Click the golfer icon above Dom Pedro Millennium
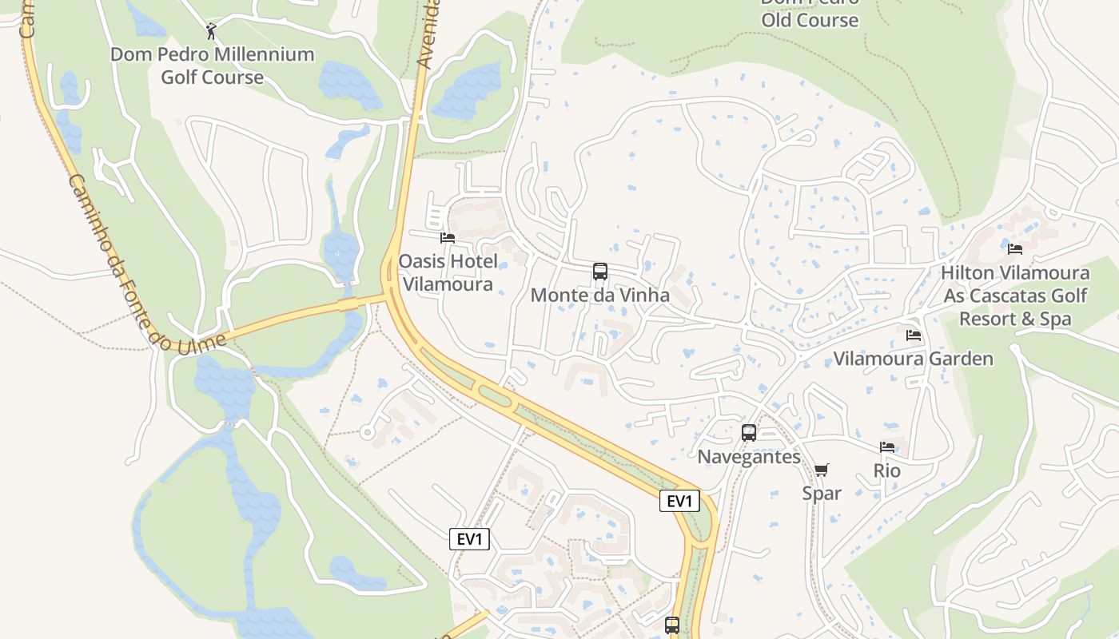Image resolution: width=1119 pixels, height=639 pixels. pos(211,31)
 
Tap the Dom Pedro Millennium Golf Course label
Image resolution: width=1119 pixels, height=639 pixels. pos(212,65)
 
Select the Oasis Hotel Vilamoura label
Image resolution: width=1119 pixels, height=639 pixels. pos(448,272)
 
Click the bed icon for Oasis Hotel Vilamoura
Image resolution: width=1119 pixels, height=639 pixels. pos(448,237)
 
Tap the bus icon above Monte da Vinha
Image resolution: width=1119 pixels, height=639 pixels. pos(600,272)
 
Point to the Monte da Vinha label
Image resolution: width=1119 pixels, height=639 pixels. pos(600,295)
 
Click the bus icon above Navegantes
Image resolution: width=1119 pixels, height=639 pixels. pos(749,433)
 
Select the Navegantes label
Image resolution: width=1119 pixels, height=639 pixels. pos(749,457)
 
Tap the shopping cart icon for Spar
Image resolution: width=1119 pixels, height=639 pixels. pos(822,470)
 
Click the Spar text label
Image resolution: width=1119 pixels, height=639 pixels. pos(822,493)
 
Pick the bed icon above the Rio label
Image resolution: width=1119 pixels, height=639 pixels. pos(887,447)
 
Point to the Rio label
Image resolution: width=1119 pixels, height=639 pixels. pos(887,470)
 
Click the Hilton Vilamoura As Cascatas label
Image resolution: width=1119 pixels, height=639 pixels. pos(1014,296)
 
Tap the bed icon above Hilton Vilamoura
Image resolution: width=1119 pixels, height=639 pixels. pos(1015,249)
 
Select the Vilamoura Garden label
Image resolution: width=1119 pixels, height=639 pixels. pos(913,359)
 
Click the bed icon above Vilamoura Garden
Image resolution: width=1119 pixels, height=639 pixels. pos(914,335)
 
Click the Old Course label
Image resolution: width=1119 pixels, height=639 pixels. pos(809,19)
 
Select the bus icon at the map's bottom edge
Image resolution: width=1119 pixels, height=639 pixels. pos(672,625)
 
